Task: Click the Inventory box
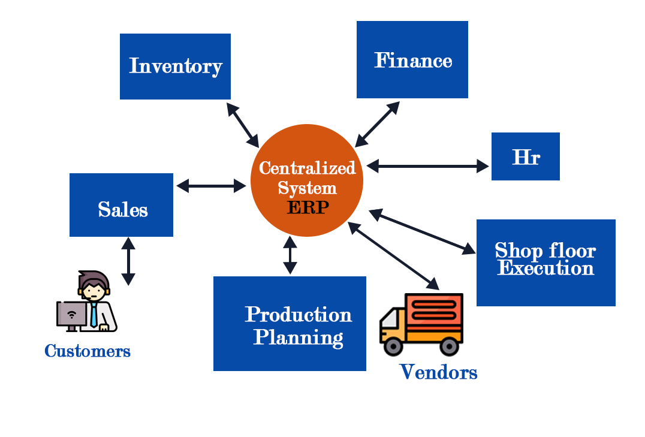(175, 66)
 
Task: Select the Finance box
(412, 59)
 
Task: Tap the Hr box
(525, 156)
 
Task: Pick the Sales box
(121, 205)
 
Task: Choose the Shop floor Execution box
(545, 263)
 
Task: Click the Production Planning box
(290, 323)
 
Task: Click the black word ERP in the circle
(308, 207)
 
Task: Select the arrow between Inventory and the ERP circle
(243, 125)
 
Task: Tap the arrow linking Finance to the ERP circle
(377, 124)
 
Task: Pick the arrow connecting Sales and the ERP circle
(212, 186)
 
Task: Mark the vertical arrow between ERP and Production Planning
(290, 255)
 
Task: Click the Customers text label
(88, 351)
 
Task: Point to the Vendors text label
(438, 372)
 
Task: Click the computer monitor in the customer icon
(71, 314)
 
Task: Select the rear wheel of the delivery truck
(448, 345)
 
